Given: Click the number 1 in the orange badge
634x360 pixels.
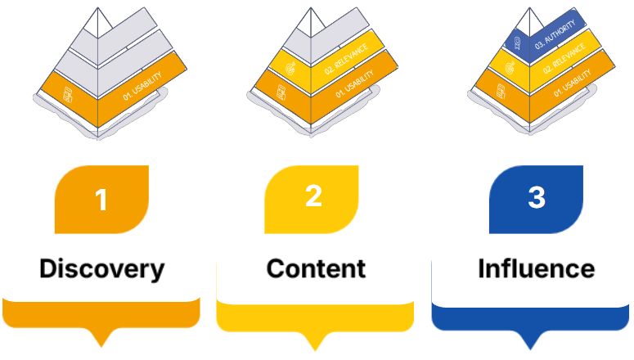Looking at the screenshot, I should tap(101, 200).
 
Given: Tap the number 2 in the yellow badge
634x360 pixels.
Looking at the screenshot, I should tap(314, 197).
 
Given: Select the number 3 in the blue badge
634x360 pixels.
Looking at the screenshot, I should tap(536, 197).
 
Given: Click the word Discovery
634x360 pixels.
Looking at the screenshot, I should tap(101, 268).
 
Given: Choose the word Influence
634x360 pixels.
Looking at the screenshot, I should tap(536, 268).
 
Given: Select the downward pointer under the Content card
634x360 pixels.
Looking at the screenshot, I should tap(316, 338).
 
